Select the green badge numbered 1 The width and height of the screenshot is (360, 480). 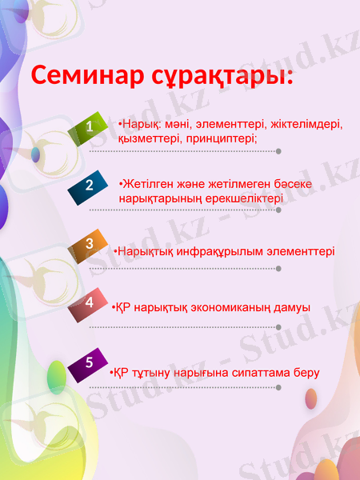(90, 126)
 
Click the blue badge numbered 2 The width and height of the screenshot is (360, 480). (90, 185)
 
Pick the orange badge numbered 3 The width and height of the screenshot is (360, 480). (90, 243)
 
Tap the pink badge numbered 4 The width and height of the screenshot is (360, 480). (90, 302)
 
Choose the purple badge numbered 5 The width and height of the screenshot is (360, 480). (90, 362)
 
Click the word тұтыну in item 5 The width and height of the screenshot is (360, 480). (152, 373)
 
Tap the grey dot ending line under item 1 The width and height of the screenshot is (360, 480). (278, 150)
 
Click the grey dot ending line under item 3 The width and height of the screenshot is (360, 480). (278, 269)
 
